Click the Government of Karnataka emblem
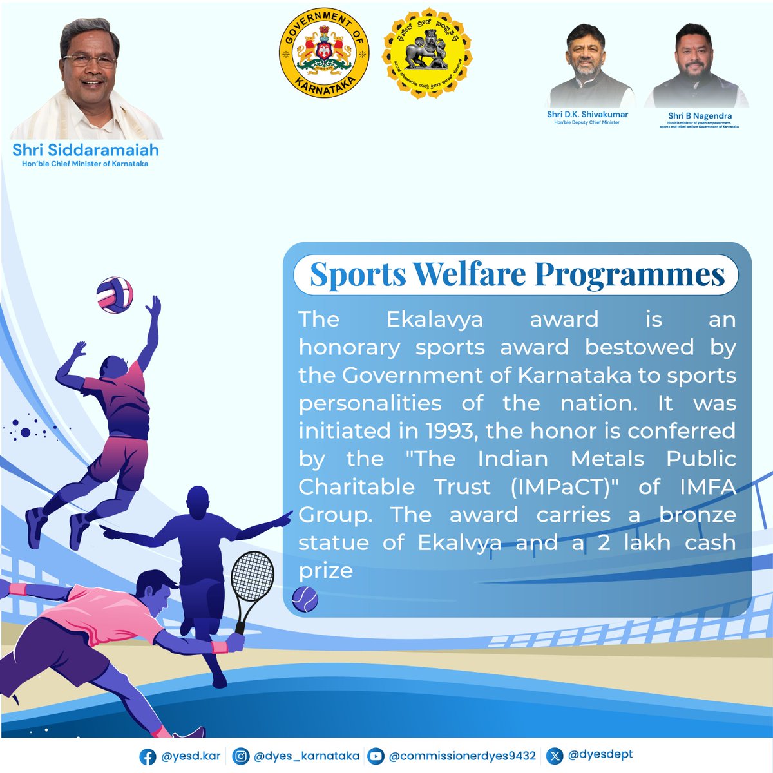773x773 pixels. pos(324,56)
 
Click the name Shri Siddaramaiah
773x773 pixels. pos(85,150)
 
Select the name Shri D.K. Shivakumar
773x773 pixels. pos(587,114)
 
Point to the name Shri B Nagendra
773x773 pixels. pos(700,116)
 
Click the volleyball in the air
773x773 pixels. pos(115,296)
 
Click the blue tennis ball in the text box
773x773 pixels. pos(305,600)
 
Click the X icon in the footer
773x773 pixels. pos(555,756)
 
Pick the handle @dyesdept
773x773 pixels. pos(600,755)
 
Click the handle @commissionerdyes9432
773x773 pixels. pos(462,756)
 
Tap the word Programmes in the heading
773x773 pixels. pos(630,274)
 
